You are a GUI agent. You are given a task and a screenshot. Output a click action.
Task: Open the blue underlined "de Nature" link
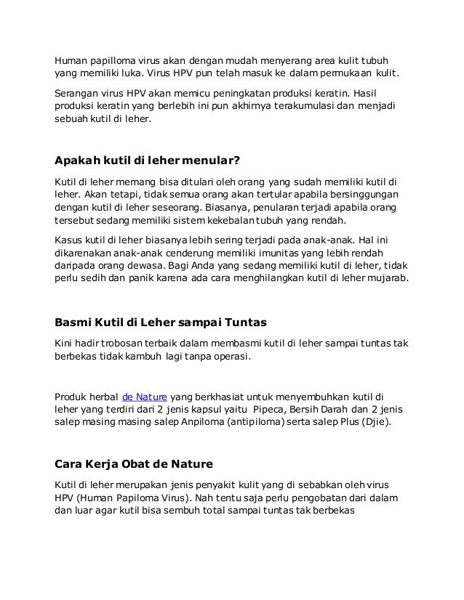pos(145,396)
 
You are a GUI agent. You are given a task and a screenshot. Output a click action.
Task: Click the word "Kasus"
pos(71,238)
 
